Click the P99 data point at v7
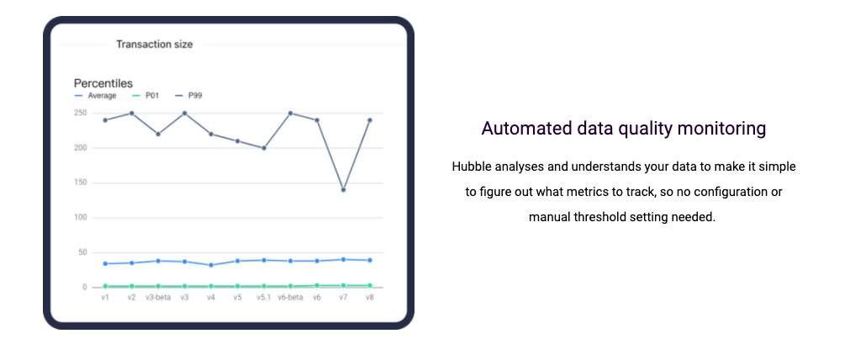coord(344,190)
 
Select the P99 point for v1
coord(105,119)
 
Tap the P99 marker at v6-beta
coord(291,114)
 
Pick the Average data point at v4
coord(211,265)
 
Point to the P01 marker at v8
coord(370,285)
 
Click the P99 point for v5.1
coord(264,148)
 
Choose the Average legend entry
coord(96,96)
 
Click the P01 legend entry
coord(145,96)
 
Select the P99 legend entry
coord(188,96)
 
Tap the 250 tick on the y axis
coord(81,114)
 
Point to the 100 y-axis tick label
coord(81,218)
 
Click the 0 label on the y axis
coord(85,287)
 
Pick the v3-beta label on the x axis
coord(158,297)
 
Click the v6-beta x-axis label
coord(291,297)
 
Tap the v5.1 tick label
coord(264,297)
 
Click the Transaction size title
coord(155,45)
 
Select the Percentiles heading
coord(103,83)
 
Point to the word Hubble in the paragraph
coord(471,167)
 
